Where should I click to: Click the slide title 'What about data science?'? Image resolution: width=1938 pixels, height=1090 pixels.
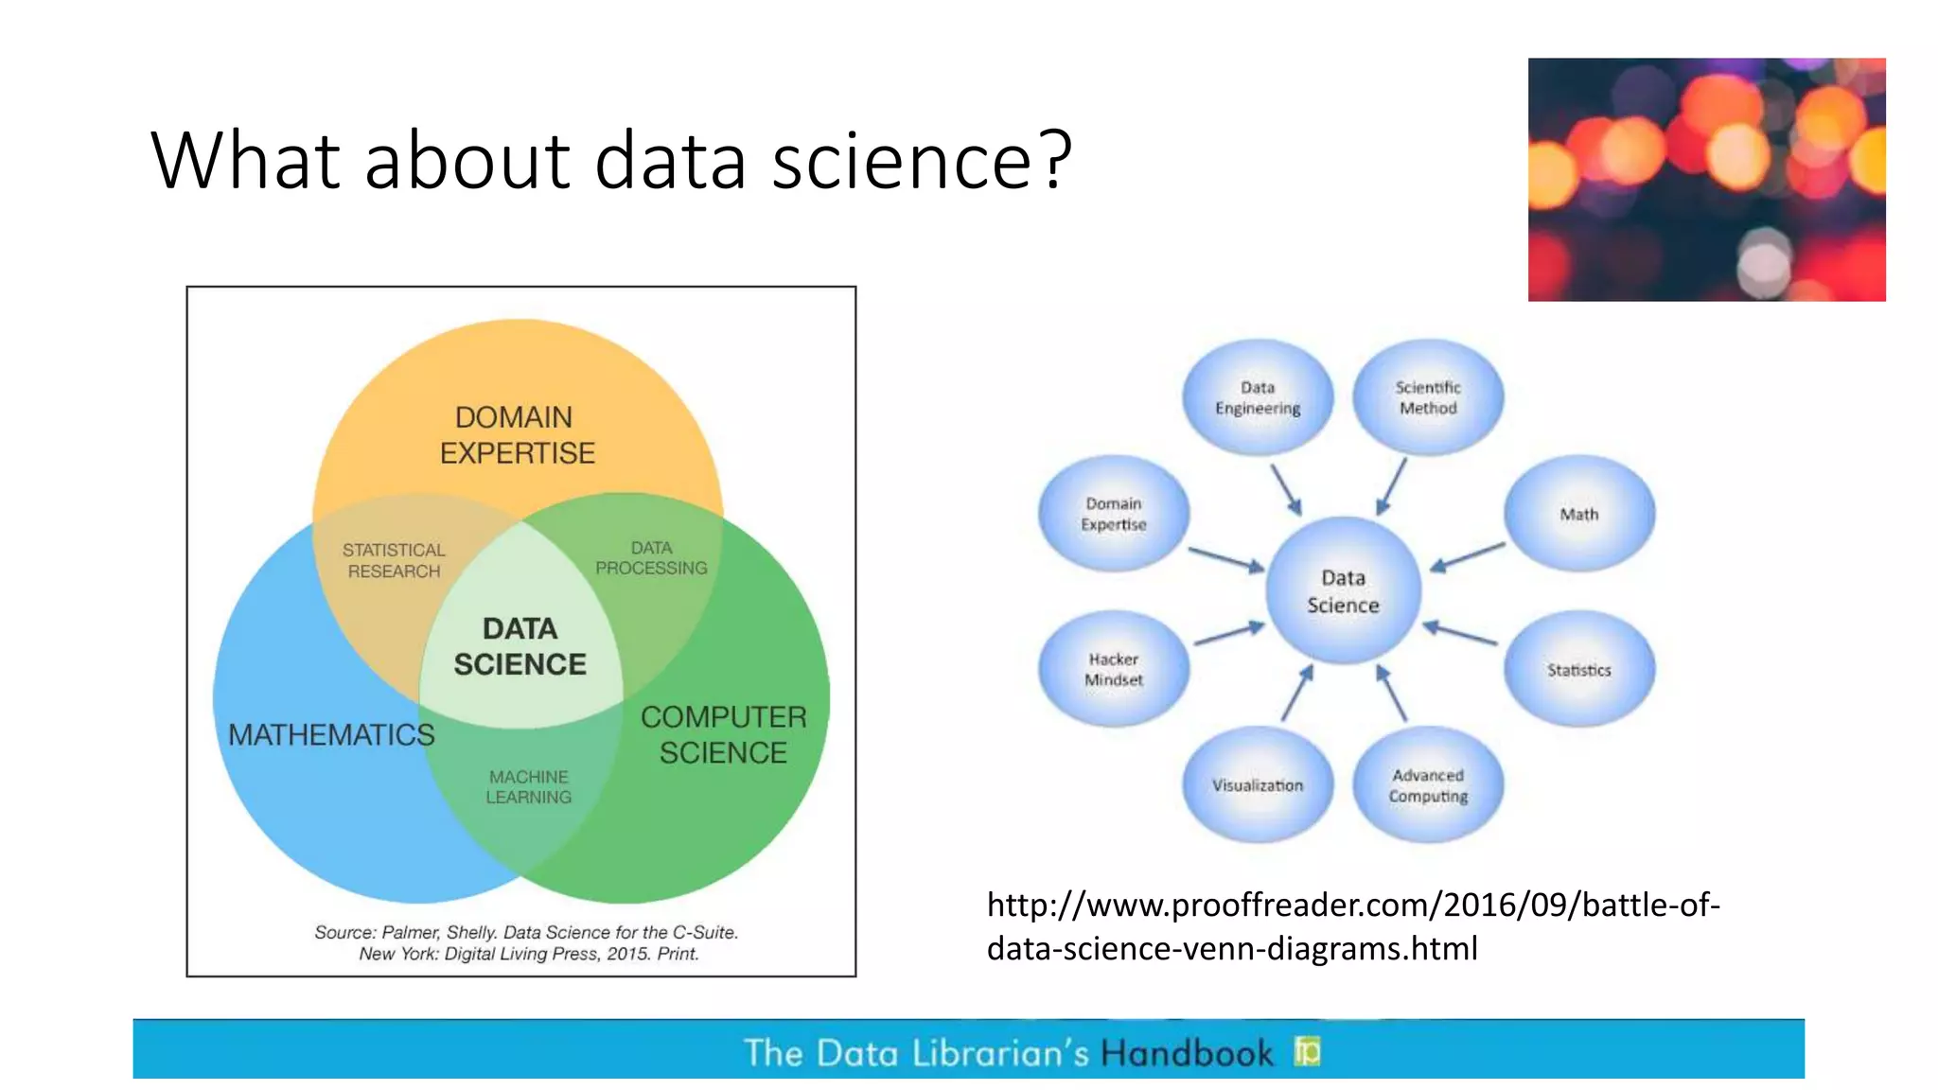point(610,160)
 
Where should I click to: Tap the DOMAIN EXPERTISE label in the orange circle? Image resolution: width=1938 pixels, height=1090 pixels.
point(517,435)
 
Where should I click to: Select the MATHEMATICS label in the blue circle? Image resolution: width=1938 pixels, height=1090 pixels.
point(331,734)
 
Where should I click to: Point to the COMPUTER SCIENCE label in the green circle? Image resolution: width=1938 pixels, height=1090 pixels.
point(724,734)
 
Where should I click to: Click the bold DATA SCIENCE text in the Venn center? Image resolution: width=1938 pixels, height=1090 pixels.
point(520,646)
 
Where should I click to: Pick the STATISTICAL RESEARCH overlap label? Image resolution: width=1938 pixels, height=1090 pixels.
point(394,560)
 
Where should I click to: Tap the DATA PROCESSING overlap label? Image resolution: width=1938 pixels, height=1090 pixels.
point(651,558)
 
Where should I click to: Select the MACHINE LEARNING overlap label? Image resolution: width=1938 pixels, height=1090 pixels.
point(529,786)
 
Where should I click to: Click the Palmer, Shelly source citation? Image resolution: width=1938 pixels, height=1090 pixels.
point(526,942)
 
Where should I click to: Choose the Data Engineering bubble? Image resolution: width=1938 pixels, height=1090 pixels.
point(1258,397)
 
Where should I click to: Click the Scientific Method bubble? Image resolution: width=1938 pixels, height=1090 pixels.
point(1428,397)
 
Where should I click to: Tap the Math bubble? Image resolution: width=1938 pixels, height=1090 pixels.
point(1579,514)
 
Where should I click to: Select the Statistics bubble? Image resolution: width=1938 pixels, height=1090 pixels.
point(1579,670)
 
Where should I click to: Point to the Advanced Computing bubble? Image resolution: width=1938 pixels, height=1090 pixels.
point(1428,785)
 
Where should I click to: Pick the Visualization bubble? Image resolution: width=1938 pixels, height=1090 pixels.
point(1258,785)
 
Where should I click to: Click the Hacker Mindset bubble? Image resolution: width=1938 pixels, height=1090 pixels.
point(1114,669)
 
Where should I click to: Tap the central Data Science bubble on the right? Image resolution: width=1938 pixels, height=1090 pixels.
point(1343,591)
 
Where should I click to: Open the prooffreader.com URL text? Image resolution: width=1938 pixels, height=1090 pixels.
point(1352,926)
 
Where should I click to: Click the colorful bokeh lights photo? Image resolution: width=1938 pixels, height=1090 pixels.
point(1706,180)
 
